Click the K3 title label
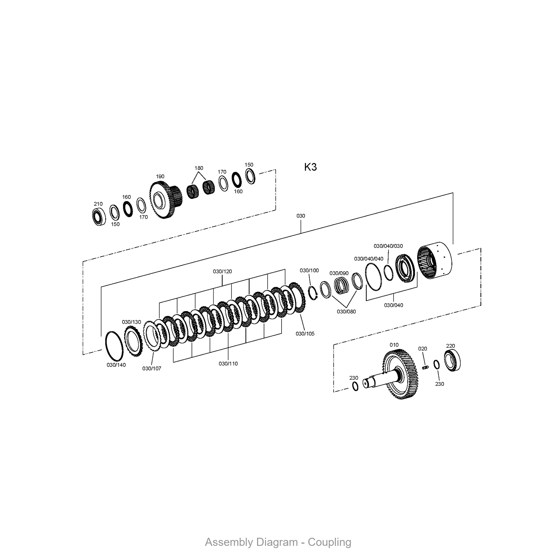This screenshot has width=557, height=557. point(311,167)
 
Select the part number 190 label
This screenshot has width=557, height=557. point(160,177)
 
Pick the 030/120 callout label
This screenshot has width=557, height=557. point(222,271)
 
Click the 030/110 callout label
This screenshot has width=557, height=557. point(228,363)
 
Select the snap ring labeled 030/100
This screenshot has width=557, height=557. point(313,293)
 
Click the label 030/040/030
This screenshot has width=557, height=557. point(388,246)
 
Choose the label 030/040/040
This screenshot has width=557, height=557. point(369,259)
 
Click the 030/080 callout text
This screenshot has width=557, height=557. point(346,311)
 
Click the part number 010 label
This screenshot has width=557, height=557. point(394,345)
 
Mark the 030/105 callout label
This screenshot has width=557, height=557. point(305,334)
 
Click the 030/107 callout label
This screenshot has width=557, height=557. point(152,368)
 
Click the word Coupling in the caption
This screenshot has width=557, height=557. point(329,542)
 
